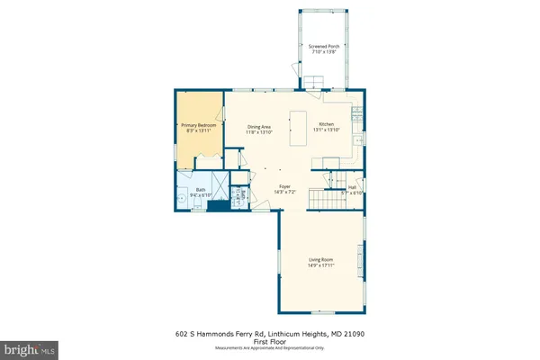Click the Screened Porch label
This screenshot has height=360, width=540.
tap(321, 45)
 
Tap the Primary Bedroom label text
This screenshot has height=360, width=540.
tap(195, 126)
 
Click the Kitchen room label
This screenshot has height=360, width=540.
tap(326, 123)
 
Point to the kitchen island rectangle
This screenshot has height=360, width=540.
tap(297, 129)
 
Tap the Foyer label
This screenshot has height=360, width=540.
tap(283, 186)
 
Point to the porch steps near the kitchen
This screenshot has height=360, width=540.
tap(313, 83)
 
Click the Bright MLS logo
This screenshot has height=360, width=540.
tap(29, 346)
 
